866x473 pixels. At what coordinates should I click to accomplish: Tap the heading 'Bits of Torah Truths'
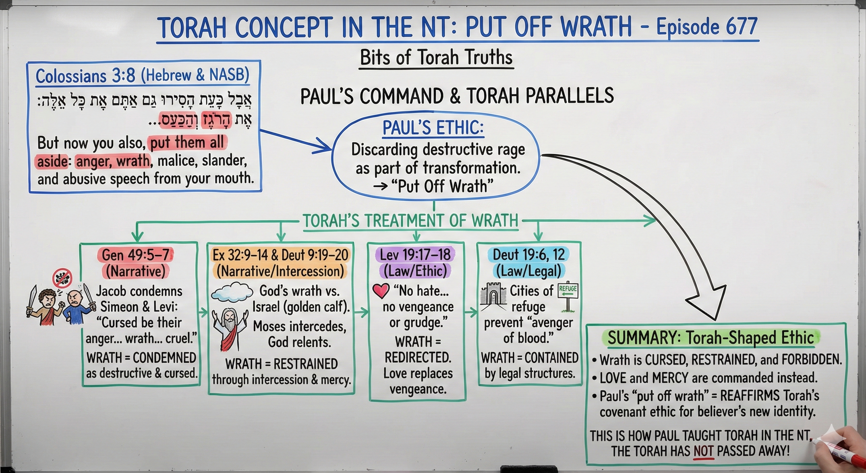[x=436, y=57]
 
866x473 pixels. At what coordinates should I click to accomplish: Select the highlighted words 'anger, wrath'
[x=113, y=161]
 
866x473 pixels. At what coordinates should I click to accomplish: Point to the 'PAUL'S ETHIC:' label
[x=433, y=128]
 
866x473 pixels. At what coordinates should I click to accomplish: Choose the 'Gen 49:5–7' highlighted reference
[x=136, y=255]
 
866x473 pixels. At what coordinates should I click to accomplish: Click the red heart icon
[x=381, y=290]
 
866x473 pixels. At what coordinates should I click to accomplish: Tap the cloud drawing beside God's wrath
[x=232, y=291]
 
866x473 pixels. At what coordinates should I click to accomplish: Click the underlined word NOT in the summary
[x=704, y=451]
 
